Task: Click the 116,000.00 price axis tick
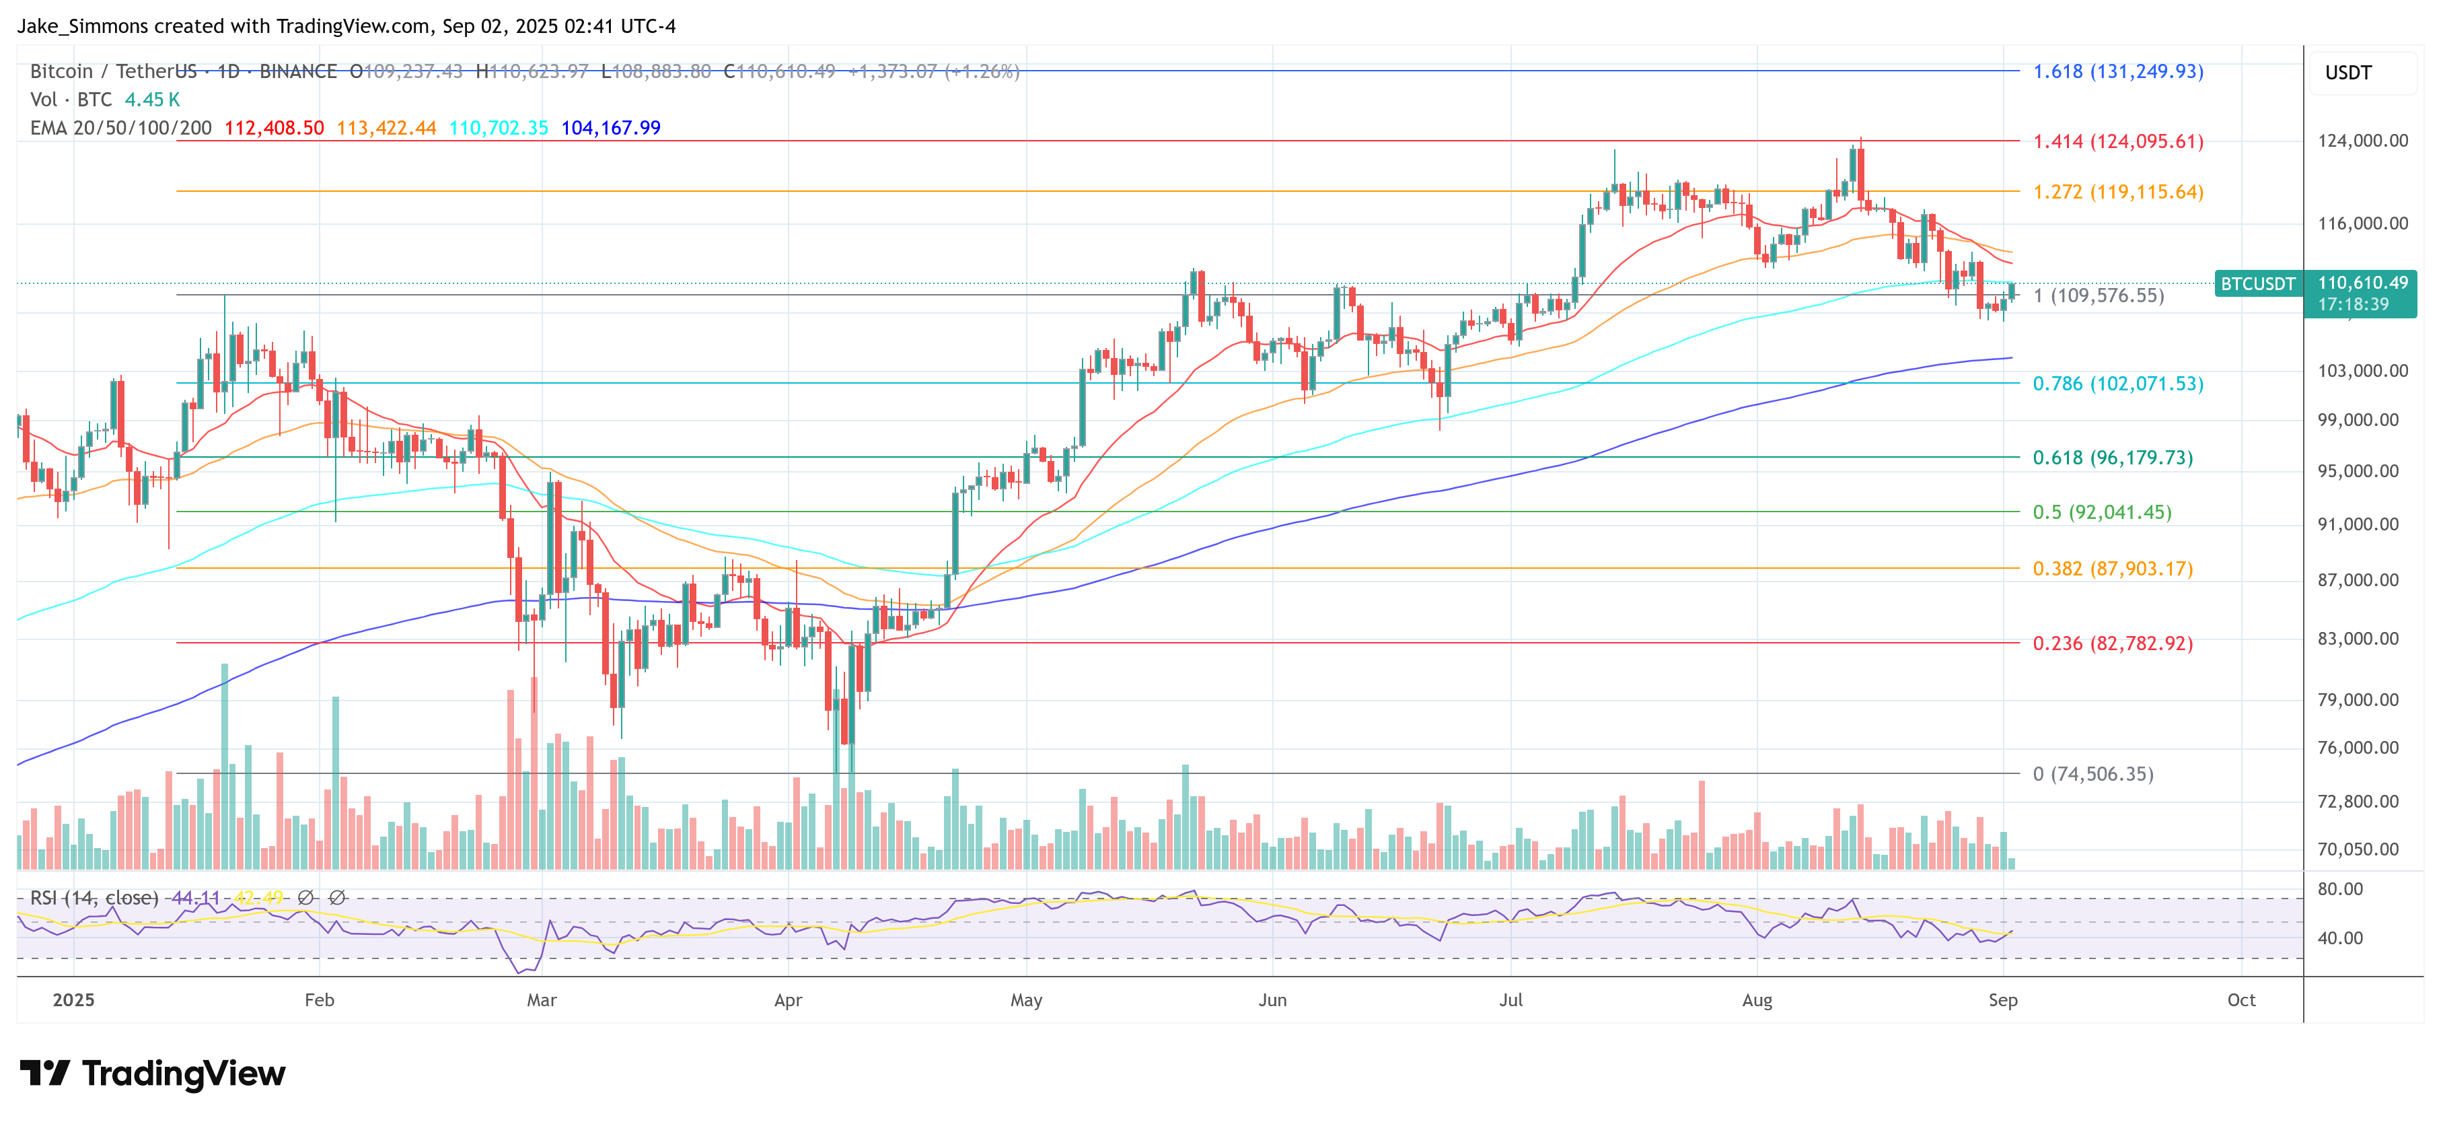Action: tap(2362, 223)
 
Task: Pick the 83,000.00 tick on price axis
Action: tap(2362, 639)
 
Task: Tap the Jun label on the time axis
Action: tap(1272, 1000)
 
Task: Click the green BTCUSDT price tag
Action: tap(2257, 283)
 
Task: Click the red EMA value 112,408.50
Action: tap(274, 128)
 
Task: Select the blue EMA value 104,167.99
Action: tap(610, 128)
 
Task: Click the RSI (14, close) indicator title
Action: tap(94, 897)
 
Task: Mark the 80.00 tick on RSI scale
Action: tap(2339, 889)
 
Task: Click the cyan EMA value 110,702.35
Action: tap(499, 128)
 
